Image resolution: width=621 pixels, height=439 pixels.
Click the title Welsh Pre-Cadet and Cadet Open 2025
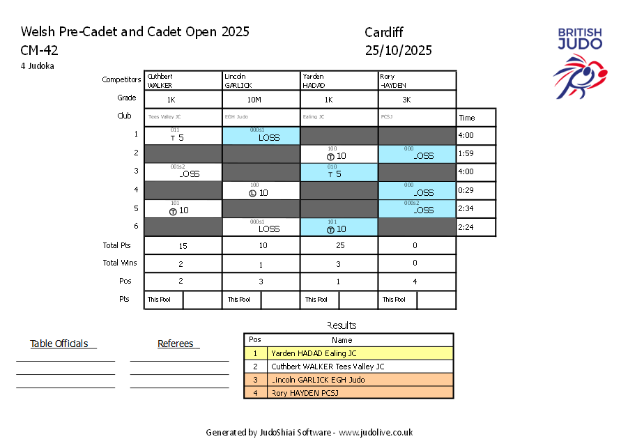coord(135,32)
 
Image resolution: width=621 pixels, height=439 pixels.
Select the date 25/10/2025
coord(398,50)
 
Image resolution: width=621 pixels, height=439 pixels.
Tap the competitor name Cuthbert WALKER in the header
coord(160,80)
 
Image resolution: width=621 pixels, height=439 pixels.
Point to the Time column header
coord(466,118)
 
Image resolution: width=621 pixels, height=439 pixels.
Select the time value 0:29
coord(466,190)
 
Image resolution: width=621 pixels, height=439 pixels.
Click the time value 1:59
coord(466,153)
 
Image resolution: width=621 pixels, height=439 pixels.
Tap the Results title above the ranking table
coord(342,325)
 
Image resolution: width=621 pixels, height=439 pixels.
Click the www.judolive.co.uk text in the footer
coord(376,432)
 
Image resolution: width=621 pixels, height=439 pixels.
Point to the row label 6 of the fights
coord(137,226)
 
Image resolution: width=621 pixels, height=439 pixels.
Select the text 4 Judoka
coord(38,66)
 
